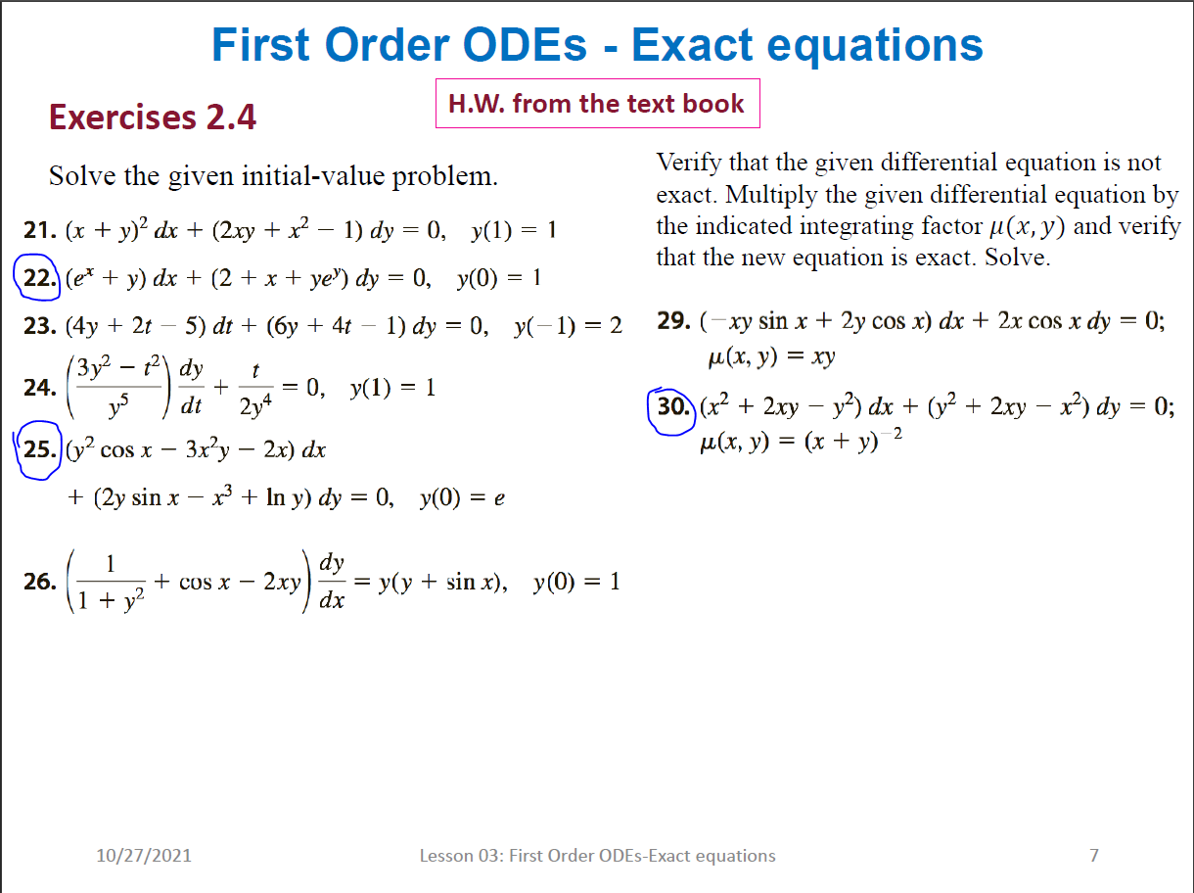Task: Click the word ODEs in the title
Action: pos(525,45)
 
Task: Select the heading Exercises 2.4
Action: pos(153,117)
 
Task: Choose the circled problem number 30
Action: pos(673,406)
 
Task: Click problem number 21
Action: pos(40,230)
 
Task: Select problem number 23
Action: pos(40,325)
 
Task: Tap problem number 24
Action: pos(40,388)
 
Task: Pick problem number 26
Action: pos(40,582)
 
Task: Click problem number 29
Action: pos(673,320)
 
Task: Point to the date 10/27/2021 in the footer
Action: pos(144,856)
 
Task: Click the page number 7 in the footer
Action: pos(1094,856)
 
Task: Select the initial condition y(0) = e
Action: pos(462,498)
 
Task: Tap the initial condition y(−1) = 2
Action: pos(568,326)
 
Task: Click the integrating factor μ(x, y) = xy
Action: pos(771,357)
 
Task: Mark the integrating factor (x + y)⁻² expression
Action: pos(853,441)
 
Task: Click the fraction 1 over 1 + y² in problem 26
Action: pos(111,582)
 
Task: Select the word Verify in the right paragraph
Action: pos(689,163)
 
